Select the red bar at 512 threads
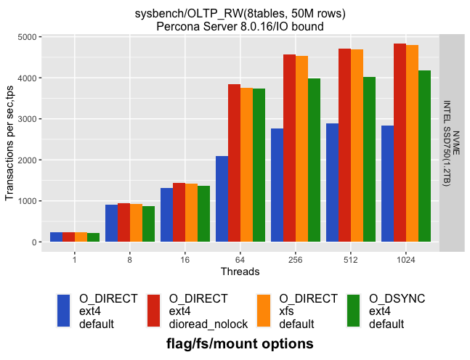pyautogui.click(x=344, y=145)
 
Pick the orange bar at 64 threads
pyautogui.click(x=246, y=165)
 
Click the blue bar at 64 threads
pyautogui.click(x=222, y=199)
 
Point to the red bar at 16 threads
pyautogui.click(x=179, y=212)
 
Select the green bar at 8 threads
pyautogui.click(x=148, y=224)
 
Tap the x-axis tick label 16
pyautogui.click(x=185, y=259)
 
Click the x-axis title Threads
pyautogui.click(x=240, y=271)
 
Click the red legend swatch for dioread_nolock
pyautogui.click(x=153, y=311)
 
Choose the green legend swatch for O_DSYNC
pyautogui.click(x=354, y=311)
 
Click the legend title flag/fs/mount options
pyautogui.click(x=240, y=343)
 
